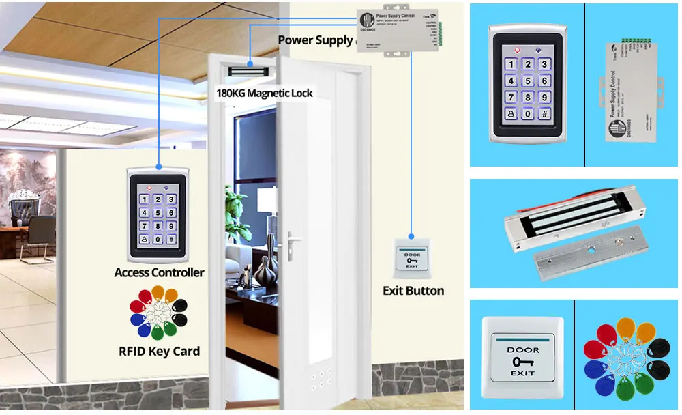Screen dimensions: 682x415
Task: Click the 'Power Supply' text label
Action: (x=315, y=40)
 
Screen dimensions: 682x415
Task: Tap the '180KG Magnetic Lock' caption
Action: (x=264, y=93)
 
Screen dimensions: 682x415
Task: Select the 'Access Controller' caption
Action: (x=159, y=272)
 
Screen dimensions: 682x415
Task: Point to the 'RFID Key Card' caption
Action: (x=159, y=352)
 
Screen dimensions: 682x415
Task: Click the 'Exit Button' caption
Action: (x=413, y=291)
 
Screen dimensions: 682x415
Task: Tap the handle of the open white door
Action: (x=293, y=240)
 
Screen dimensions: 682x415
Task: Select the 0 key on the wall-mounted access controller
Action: (x=158, y=240)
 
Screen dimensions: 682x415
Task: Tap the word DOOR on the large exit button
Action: (x=523, y=350)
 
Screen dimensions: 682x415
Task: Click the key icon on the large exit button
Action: (x=522, y=362)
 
